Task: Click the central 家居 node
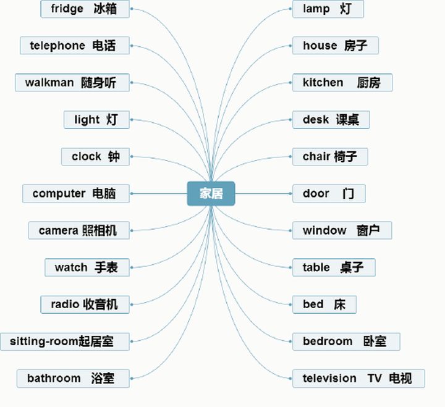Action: (x=211, y=193)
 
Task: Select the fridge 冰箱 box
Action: (x=86, y=9)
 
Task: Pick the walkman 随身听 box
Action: (x=72, y=83)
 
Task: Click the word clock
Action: (x=86, y=156)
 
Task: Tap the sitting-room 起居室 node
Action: (x=65, y=341)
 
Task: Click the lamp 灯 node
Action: (x=328, y=9)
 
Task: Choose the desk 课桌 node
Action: (x=331, y=119)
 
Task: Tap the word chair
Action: (x=316, y=156)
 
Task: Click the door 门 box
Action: (x=329, y=193)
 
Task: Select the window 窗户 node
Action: (x=342, y=230)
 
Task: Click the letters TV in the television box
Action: (x=375, y=378)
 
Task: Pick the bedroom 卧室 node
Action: (x=346, y=341)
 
